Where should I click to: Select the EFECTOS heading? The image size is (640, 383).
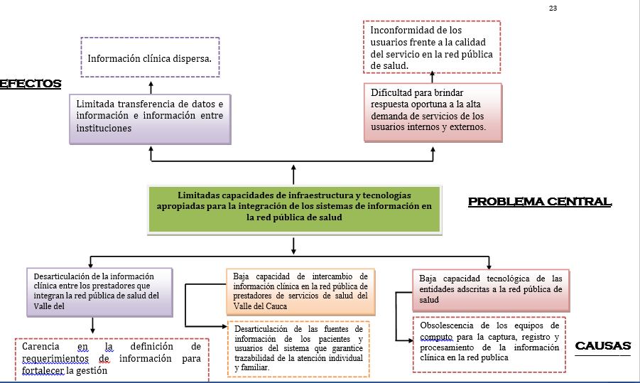pos(31,84)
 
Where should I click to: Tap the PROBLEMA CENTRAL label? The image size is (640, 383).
pos(539,202)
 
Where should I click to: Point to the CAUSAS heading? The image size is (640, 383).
pos(602,346)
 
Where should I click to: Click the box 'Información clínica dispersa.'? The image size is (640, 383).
pos(150,58)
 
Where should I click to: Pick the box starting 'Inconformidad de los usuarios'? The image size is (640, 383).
pos(432,47)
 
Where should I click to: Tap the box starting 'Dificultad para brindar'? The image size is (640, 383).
pos(432,111)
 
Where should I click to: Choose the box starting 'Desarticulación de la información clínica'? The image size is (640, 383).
pos(99,291)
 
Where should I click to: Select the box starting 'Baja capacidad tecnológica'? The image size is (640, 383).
pos(490,288)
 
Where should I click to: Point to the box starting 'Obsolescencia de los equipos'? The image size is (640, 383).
pos(489,344)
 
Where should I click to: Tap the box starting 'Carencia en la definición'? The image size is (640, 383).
pos(112,359)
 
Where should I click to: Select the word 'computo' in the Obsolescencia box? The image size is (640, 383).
pos(436,337)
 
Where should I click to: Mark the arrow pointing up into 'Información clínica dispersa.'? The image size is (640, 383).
pos(151,86)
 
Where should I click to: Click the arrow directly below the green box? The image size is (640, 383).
pos(293,244)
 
